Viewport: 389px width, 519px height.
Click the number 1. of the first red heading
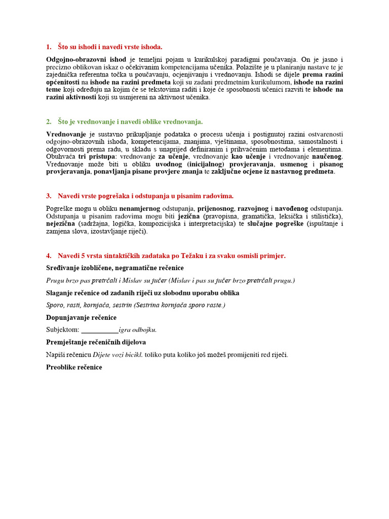[x=49, y=47]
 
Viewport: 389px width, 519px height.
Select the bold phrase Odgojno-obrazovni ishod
[x=86, y=59]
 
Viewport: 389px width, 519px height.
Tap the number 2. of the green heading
[x=49, y=122]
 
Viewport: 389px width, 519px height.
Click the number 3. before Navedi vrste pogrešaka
[x=49, y=196]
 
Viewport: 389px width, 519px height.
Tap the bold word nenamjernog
[x=140, y=208]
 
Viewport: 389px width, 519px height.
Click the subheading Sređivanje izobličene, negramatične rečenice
[x=115, y=268]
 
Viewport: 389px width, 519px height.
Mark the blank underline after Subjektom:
[x=100, y=330]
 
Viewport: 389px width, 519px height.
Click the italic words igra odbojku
[x=137, y=330]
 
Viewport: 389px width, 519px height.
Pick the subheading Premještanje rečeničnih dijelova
[x=96, y=342]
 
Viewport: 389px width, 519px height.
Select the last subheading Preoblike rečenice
[x=74, y=367]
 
